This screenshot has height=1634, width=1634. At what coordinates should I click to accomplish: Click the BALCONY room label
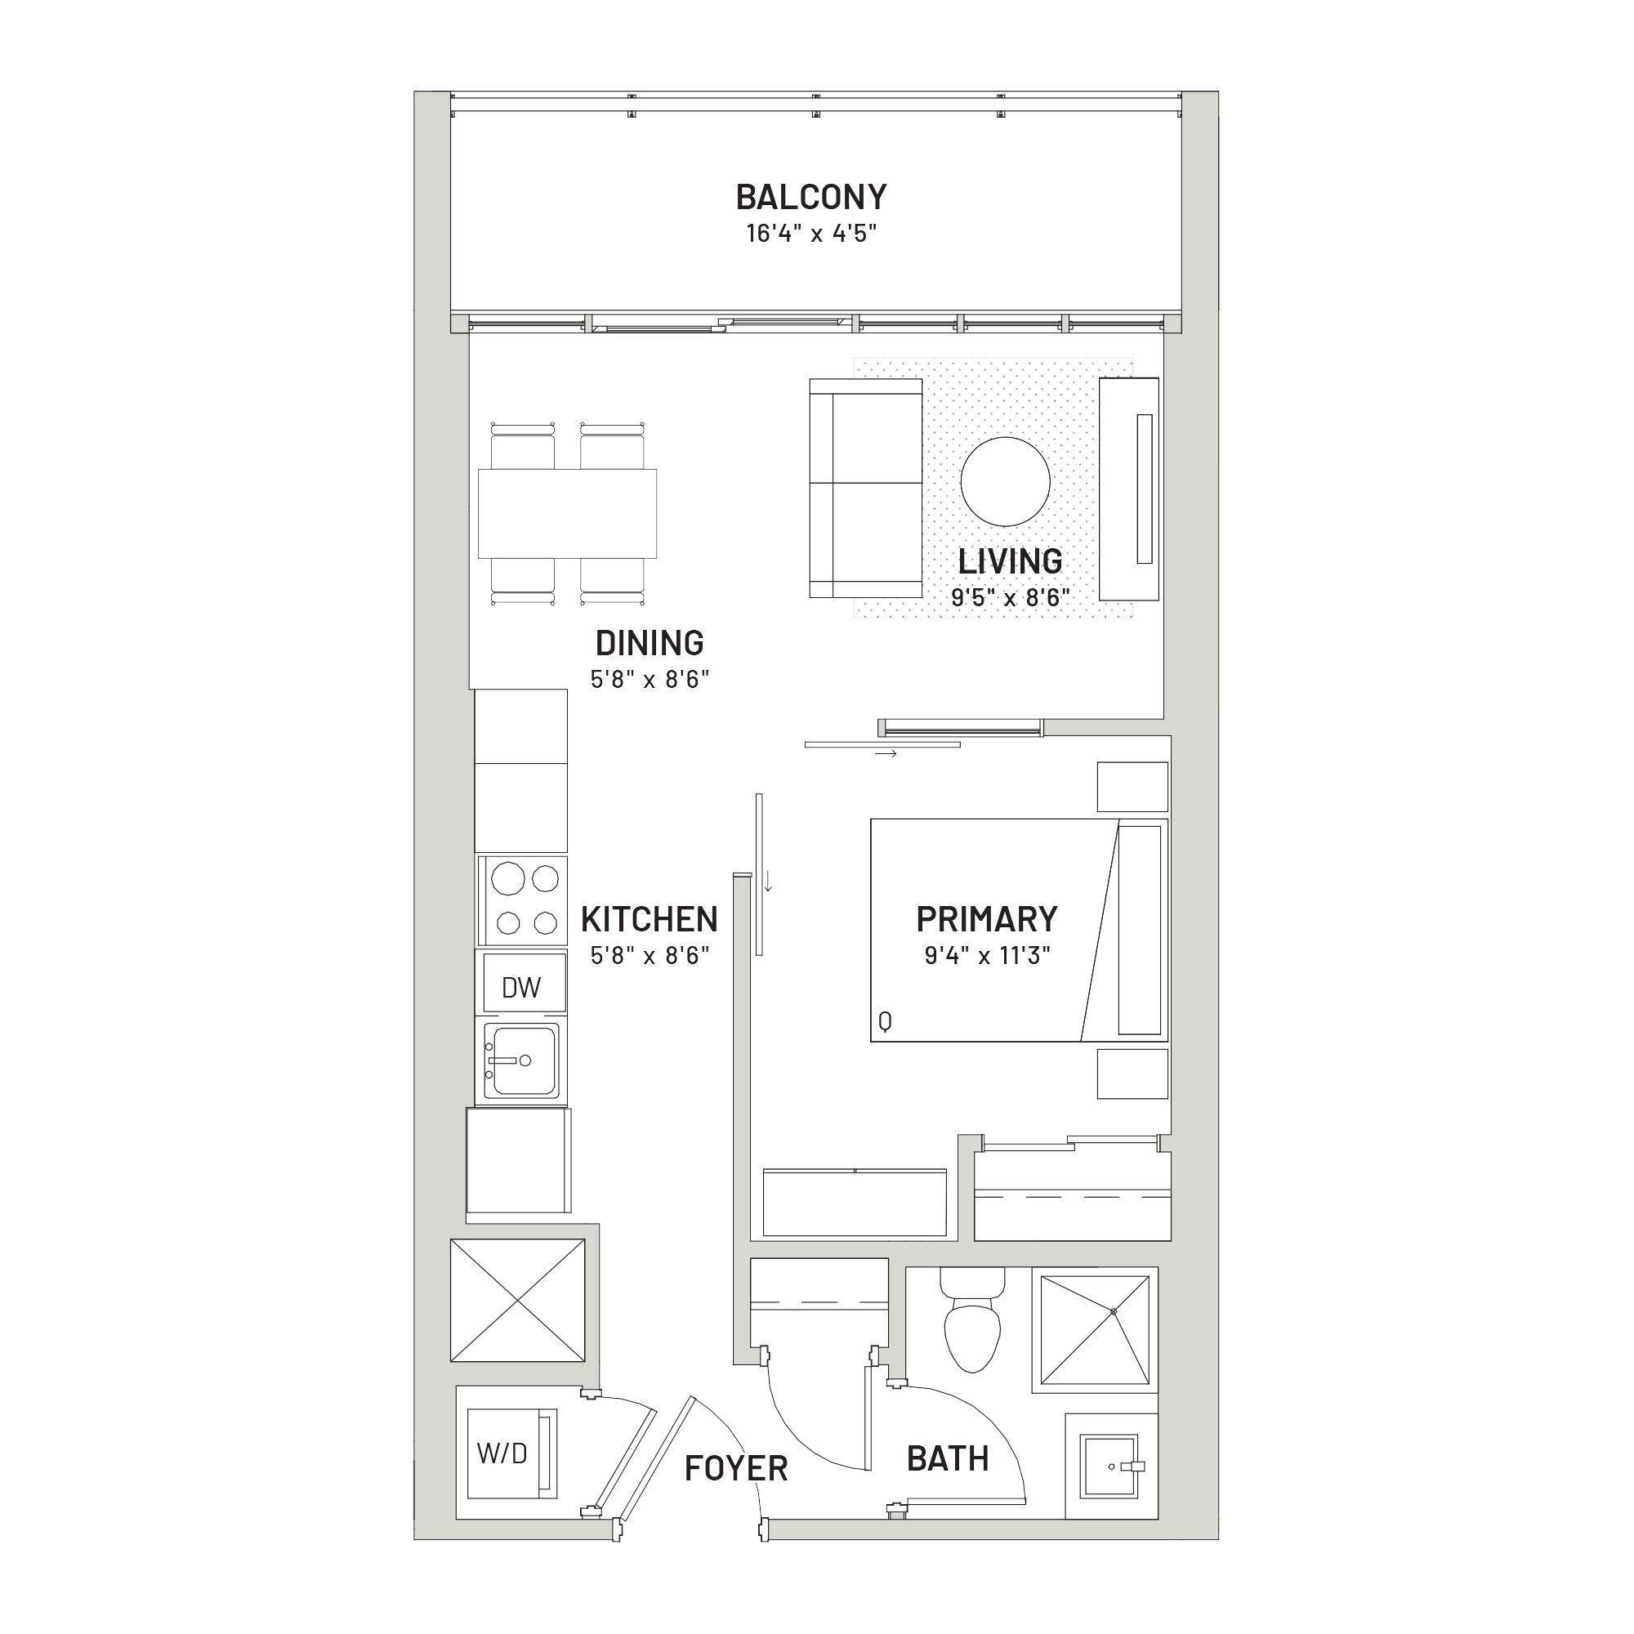811,197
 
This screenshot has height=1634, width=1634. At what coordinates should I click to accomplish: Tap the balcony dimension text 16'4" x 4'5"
811,234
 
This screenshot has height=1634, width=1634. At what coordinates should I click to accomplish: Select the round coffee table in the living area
1006,481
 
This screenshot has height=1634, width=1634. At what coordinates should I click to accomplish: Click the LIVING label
1010,560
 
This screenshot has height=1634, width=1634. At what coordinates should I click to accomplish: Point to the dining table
567,513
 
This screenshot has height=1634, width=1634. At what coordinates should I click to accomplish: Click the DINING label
650,643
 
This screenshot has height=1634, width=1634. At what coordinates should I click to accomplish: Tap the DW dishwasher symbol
521,987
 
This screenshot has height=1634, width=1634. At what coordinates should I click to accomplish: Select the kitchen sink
521,1060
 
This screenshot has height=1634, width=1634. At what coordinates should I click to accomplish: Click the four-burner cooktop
522,900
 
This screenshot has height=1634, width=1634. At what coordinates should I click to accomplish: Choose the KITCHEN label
650,918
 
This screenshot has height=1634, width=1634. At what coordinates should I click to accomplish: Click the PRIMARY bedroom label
987,918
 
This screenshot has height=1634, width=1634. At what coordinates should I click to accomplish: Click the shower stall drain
1114,1311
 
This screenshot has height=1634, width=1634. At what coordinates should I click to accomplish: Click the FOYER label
736,1468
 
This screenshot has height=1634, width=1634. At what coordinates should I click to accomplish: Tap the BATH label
947,1459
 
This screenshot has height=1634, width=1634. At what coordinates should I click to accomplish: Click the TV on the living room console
1145,489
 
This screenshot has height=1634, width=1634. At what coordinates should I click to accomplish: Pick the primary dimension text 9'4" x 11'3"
987,956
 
